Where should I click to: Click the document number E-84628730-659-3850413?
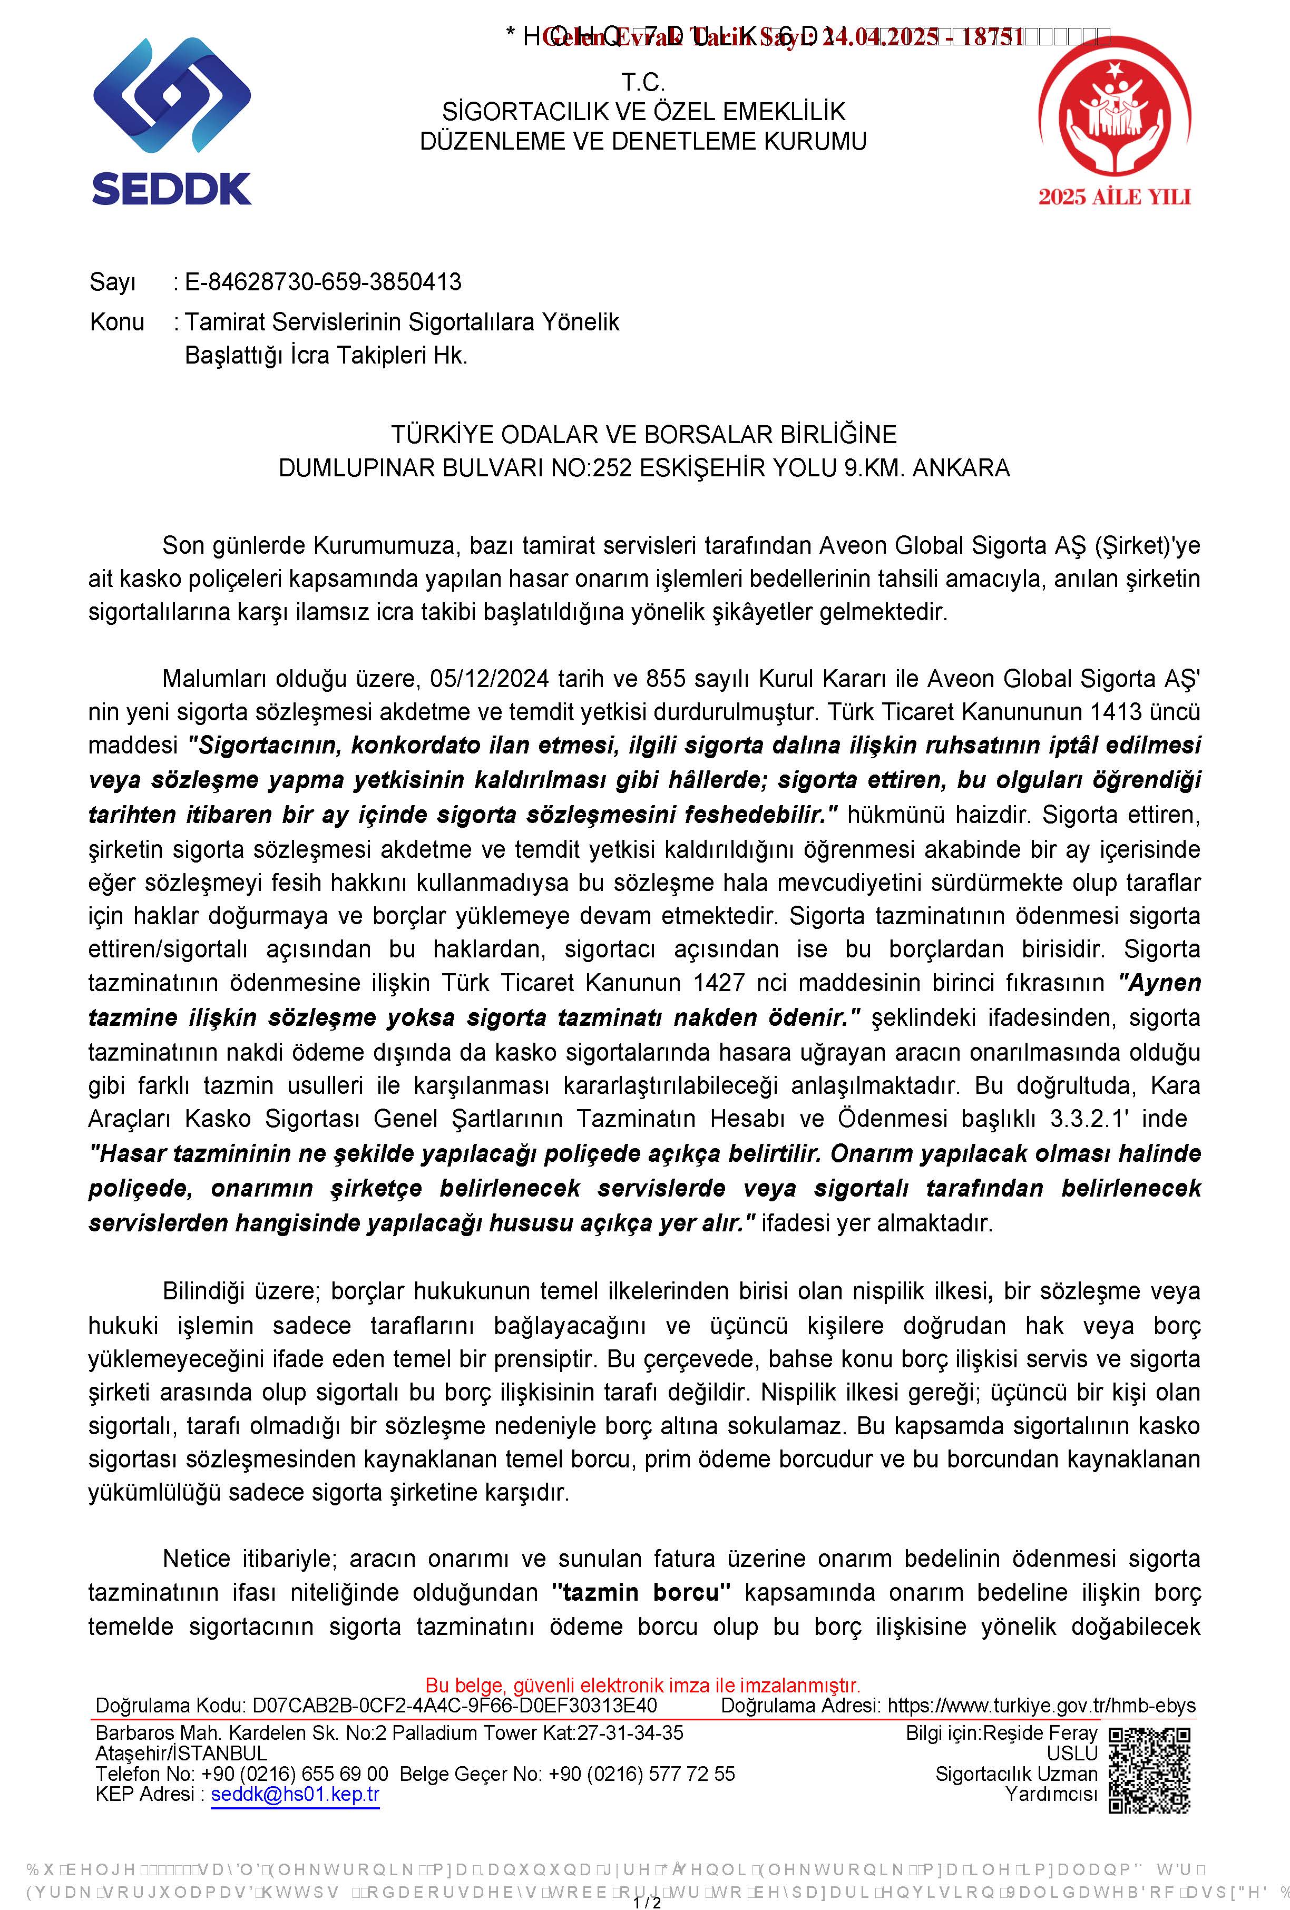tap(322, 282)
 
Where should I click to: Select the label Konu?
tap(117, 322)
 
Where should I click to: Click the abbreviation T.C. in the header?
tap(643, 82)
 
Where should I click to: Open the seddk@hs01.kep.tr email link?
tap(295, 1794)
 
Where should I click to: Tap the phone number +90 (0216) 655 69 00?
tap(295, 1774)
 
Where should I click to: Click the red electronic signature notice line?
tap(643, 1686)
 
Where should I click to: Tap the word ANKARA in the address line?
tap(961, 468)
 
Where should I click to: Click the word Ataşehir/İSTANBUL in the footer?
tap(181, 1753)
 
